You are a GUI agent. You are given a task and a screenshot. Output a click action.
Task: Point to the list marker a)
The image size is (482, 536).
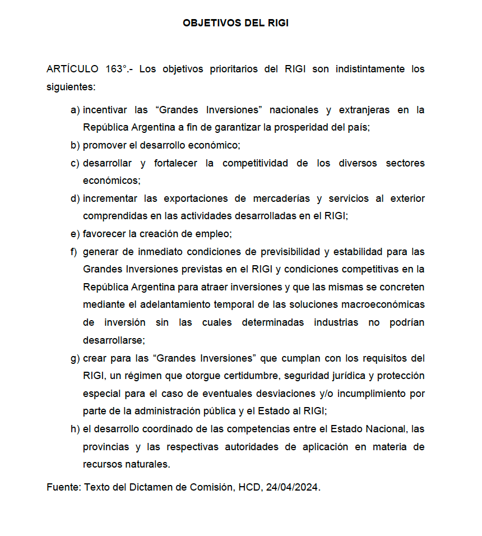(x=75, y=110)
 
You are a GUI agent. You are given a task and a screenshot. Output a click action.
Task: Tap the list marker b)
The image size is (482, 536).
(x=75, y=145)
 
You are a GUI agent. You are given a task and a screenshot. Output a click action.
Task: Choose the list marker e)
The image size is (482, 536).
(x=75, y=234)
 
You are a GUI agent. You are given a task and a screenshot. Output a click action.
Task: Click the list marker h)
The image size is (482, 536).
(x=75, y=429)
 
